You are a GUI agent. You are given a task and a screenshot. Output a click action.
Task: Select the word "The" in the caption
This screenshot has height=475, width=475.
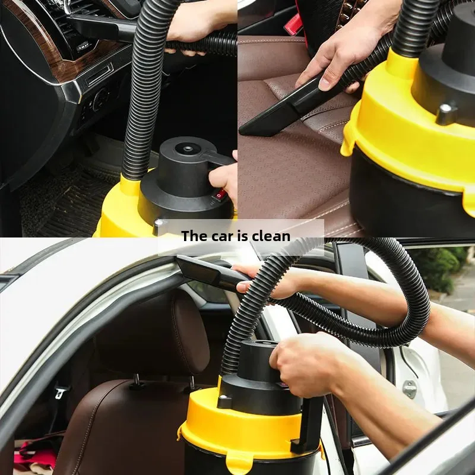pyautogui.click(x=194, y=236)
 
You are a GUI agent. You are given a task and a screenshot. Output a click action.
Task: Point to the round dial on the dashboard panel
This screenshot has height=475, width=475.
pyautogui.click(x=100, y=99)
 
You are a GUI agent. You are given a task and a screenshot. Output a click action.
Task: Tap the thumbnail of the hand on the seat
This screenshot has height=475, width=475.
pyautogui.click(x=325, y=84)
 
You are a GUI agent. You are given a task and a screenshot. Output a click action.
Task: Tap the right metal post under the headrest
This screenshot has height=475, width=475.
pyautogui.click(x=191, y=382)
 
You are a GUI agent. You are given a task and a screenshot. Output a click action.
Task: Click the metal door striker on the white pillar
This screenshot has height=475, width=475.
pyautogui.click(x=410, y=389)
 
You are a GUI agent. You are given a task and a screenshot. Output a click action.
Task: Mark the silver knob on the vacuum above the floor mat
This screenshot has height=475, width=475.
pyautogui.click(x=159, y=226)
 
